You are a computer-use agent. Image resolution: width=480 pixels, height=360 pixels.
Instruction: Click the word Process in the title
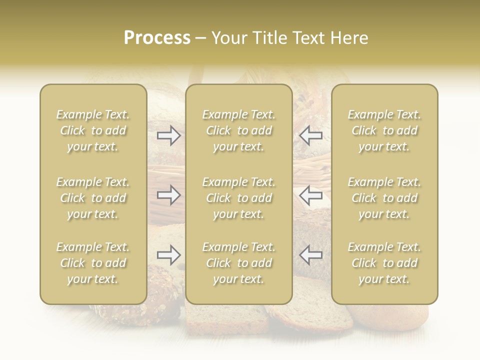157,38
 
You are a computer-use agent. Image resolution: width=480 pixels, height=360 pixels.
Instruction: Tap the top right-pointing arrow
169,135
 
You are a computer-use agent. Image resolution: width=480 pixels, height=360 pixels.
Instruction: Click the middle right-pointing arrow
169,194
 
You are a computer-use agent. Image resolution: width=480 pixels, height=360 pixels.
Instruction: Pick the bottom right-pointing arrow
169,255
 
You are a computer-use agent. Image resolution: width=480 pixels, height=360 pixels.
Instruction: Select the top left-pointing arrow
310,135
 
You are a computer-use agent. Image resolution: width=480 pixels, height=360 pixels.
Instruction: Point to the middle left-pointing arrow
310,194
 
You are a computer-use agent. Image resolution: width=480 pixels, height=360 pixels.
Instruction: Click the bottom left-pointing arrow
310,255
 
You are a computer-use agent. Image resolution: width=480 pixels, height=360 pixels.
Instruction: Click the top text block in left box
93,130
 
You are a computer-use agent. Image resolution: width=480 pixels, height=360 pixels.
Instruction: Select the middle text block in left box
93,198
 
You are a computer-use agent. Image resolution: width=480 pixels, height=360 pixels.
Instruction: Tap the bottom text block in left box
93,263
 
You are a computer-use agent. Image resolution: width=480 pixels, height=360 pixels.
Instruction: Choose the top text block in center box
238,130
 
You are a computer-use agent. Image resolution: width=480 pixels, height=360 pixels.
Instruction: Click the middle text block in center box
238,198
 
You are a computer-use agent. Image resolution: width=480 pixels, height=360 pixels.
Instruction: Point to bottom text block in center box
238,263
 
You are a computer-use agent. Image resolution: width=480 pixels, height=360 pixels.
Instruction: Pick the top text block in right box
384,130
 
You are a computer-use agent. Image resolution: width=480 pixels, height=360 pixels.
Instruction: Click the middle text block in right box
384,198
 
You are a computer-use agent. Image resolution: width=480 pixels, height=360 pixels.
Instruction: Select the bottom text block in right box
384,263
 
